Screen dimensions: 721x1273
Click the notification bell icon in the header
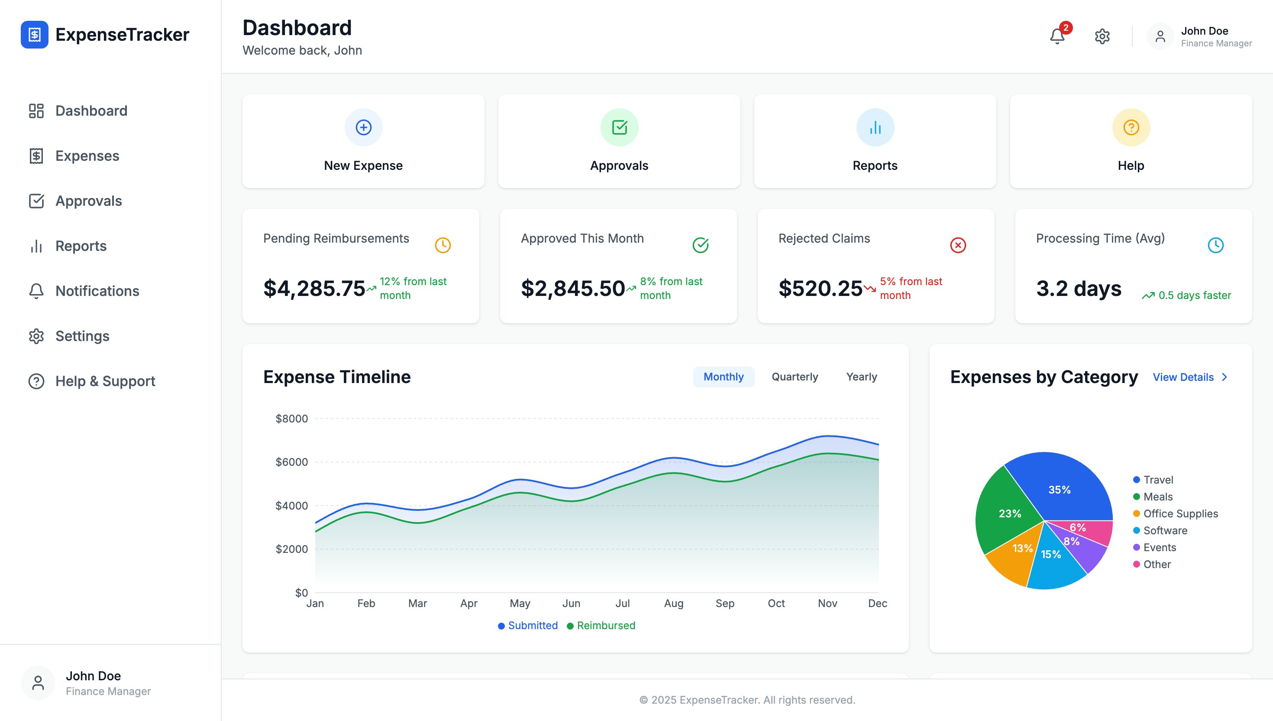click(x=1057, y=36)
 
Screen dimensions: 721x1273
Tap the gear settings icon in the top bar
click(x=1102, y=36)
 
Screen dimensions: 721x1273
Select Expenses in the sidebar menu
click(x=87, y=156)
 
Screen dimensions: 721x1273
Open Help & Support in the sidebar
click(x=105, y=381)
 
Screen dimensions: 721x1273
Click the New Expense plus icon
click(x=363, y=127)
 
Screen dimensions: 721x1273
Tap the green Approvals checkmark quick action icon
click(x=619, y=127)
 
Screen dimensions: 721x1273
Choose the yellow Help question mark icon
click(x=1131, y=127)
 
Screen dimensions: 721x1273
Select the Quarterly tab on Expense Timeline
click(x=795, y=377)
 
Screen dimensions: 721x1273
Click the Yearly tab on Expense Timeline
click(x=861, y=377)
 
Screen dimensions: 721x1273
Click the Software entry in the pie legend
click(x=1165, y=530)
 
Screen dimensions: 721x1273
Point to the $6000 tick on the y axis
click(x=291, y=462)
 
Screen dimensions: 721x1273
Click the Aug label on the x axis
click(x=673, y=603)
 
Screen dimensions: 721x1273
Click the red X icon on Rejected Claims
click(x=958, y=245)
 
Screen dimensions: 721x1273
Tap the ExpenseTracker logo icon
click(x=34, y=35)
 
